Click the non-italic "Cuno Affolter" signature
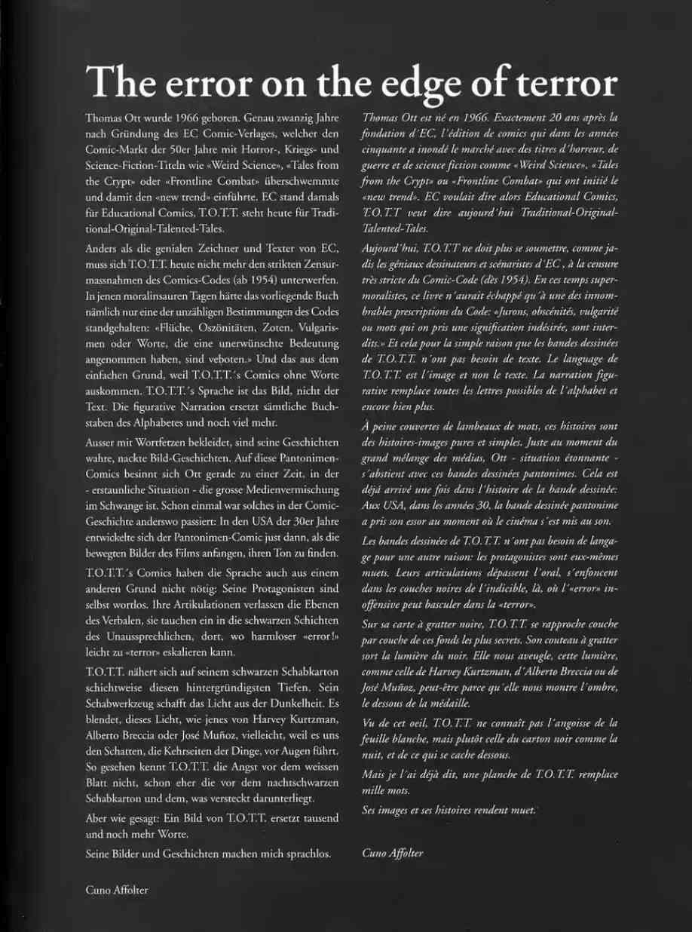pyautogui.click(x=117, y=890)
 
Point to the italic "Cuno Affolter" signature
pyautogui.click(x=393, y=853)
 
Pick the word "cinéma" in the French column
pyautogui.click(x=537, y=521)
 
